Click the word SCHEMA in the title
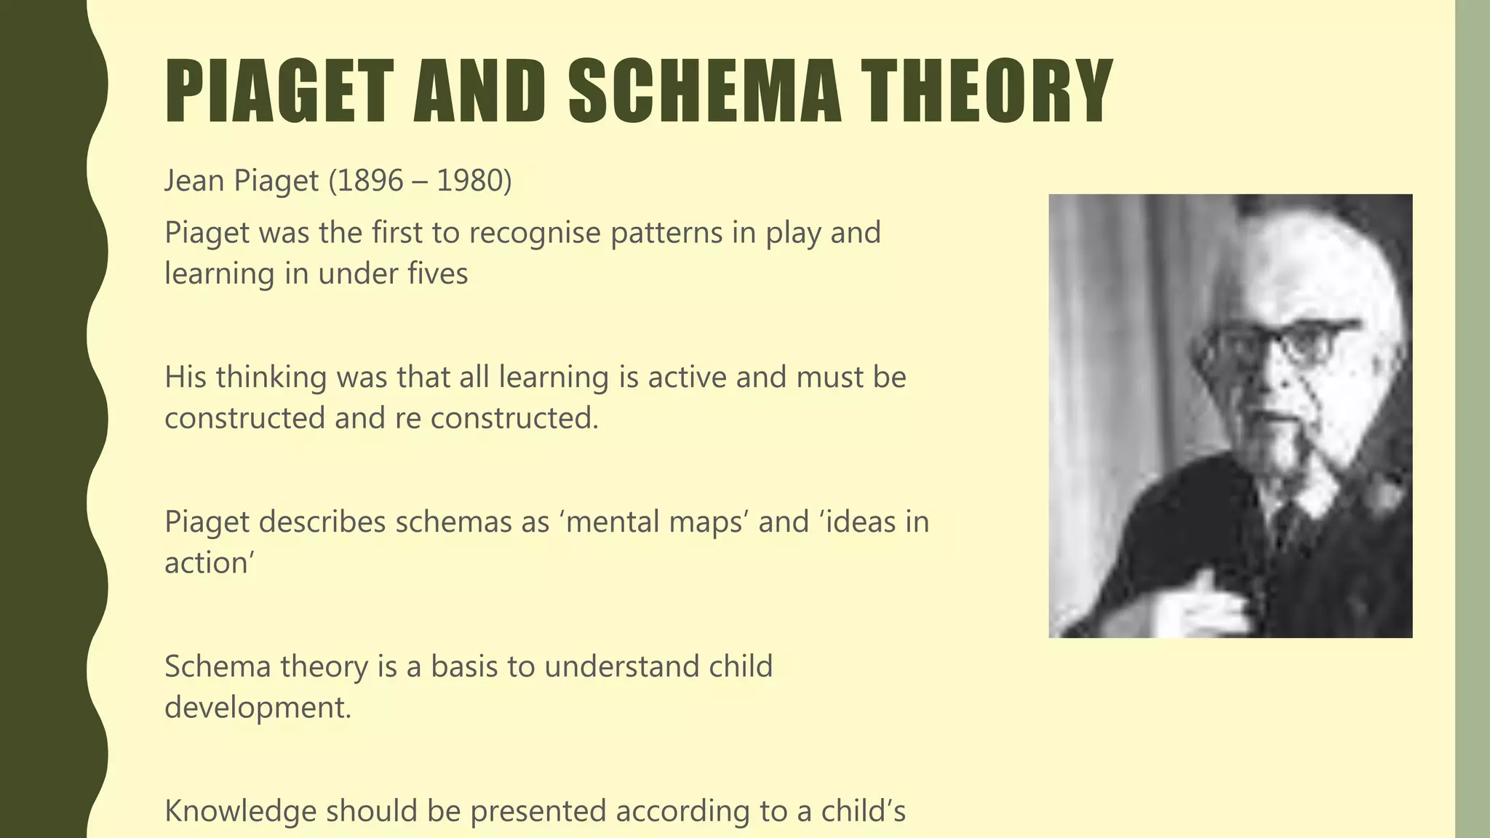click(704, 92)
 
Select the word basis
click(463, 666)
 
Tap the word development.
click(258, 707)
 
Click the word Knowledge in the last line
click(240, 812)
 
